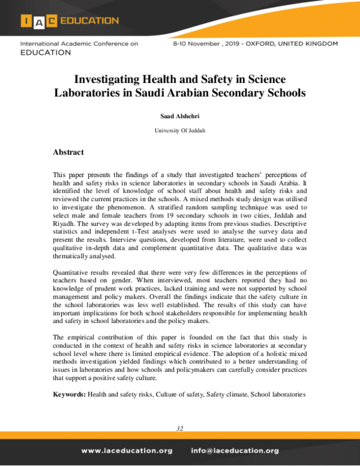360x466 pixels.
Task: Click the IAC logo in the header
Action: point(39,21)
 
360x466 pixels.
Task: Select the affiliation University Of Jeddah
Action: point(180,130)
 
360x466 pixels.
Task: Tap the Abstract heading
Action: point(68,153)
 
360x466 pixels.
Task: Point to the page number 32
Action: point(180,428)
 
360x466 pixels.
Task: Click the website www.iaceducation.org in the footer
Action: point(127,450)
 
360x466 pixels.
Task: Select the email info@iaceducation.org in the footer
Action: point(235,450)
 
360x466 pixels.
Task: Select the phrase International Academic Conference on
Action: point(79,44)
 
